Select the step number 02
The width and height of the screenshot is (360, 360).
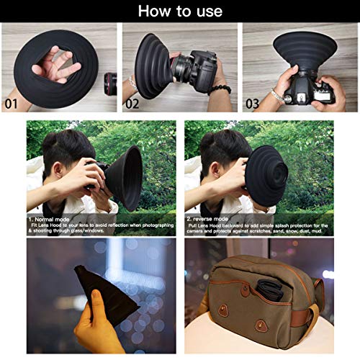pyautogui.click(x=132, y=102)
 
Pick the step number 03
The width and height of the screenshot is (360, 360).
pyautogui.click(x=252, y=102)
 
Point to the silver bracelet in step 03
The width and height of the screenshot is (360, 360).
pyautogui.click(x=278, y=94)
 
